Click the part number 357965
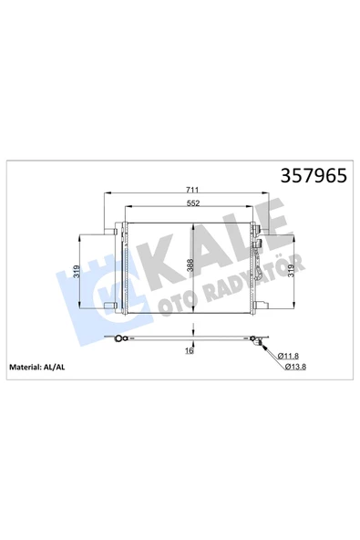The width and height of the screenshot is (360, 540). (x=314, y=176)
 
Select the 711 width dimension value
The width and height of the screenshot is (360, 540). (x=192, y=190)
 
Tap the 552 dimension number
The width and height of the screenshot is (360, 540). (x=193, y=203)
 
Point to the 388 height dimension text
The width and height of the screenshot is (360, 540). (x=190, y=265)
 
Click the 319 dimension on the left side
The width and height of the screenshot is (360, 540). (x=77, y=272)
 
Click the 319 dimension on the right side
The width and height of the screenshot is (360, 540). (x=290, y=271)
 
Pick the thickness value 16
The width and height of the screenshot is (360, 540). (x=190, y=351)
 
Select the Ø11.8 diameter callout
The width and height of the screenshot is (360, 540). (x=287, y=356)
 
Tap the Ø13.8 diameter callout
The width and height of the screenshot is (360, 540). (x=295, y=367)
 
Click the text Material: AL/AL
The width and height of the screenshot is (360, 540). (x=36, y=367)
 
